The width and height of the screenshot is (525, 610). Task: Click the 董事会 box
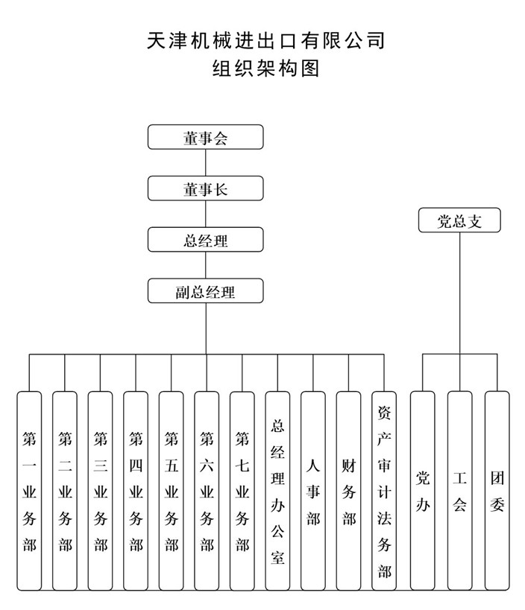pos(205,137)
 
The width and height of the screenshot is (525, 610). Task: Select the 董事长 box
pos(205,188)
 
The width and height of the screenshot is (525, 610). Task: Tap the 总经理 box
pos(205,240)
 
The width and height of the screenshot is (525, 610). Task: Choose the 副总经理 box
pos(205,290)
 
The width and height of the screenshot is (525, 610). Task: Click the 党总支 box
pos(459,220)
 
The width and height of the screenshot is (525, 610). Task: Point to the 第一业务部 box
pos(29,491)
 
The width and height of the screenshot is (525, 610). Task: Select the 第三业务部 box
pos(100,491)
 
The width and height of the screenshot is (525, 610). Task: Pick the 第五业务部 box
pos(171,491)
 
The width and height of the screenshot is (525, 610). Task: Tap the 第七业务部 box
pos(242,491)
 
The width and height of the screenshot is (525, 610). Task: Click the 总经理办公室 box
pos(277,491)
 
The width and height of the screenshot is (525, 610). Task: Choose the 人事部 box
pos(312,491)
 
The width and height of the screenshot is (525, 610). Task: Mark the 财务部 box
pos(348,491)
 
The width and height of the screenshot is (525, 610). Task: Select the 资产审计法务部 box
pos(383,491)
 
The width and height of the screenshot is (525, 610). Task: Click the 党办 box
pos(423,491)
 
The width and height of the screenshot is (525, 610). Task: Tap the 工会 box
pos(459,491)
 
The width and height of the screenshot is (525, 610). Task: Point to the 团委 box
pos(497,491)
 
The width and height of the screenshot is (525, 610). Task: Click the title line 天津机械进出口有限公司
pos(266,40)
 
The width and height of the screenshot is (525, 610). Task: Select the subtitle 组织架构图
pos(266,69)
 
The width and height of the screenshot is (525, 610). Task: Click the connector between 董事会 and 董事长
pos(205,162)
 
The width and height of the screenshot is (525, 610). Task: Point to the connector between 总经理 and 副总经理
pos(205,265)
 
